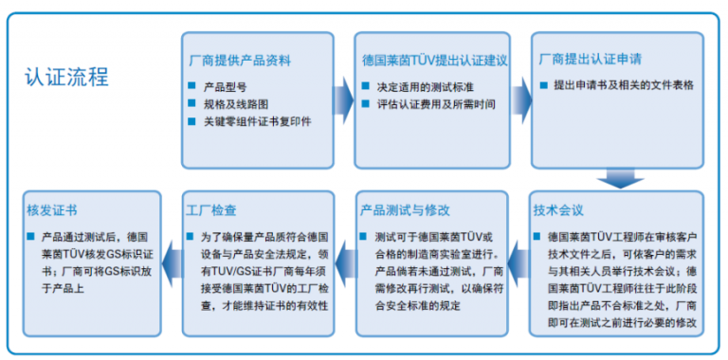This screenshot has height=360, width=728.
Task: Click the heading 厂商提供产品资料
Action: click(238, 60)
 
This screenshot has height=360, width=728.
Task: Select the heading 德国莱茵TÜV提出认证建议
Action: click(435, 60)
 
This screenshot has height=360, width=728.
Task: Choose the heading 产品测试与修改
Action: click(405, 209)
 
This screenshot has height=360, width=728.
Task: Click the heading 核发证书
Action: click(52, 209)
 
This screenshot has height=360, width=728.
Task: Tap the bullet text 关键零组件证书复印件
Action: click(257, 121)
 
